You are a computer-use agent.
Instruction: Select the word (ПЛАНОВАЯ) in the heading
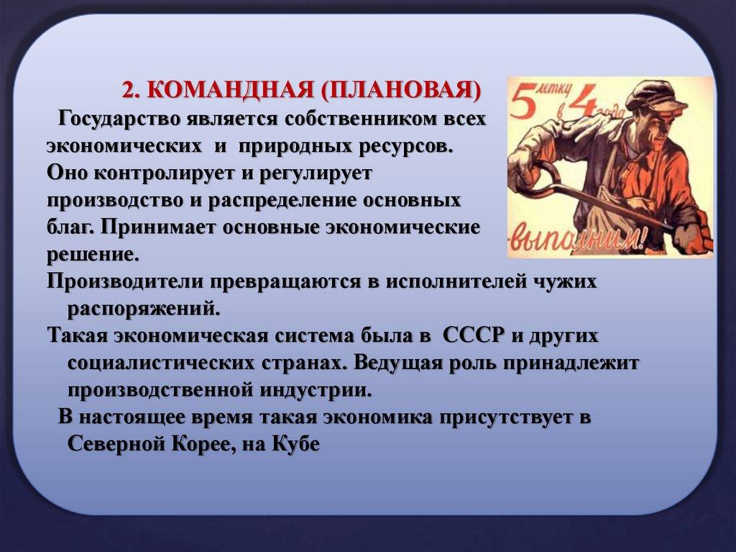click(x=402, y=90)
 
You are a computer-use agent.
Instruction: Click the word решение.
click(x=93, y=255)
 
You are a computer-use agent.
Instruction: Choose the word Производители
click(x=125, y=281)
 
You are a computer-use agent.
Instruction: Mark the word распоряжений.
click(x=144, y=309)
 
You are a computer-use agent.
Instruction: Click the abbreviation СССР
click(x=474, y=335)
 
